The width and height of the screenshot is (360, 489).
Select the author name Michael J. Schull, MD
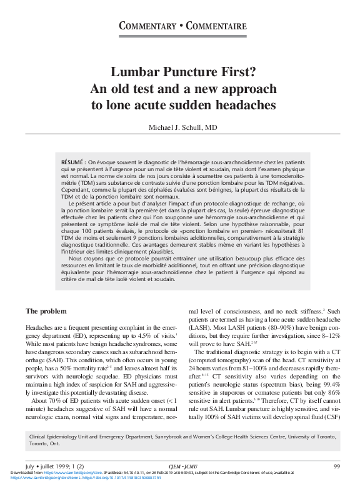[182, 127]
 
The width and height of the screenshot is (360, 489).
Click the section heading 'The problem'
[46, 311]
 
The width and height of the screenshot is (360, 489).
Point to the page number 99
[336, 466]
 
